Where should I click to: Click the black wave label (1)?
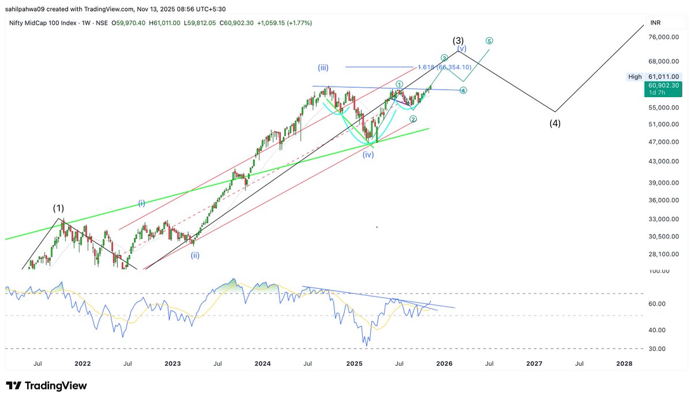58,207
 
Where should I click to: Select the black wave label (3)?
458,40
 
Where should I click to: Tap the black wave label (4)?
555,123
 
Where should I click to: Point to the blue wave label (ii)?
196,255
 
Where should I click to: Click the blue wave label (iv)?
368,155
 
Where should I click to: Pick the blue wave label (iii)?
323,67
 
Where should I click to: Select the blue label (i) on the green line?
142,202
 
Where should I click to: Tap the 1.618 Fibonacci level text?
445,68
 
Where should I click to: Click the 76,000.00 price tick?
662,38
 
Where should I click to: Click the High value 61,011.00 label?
663,76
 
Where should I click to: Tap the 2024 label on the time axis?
263,363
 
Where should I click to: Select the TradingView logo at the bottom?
46,385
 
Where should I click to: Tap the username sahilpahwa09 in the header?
27,8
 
